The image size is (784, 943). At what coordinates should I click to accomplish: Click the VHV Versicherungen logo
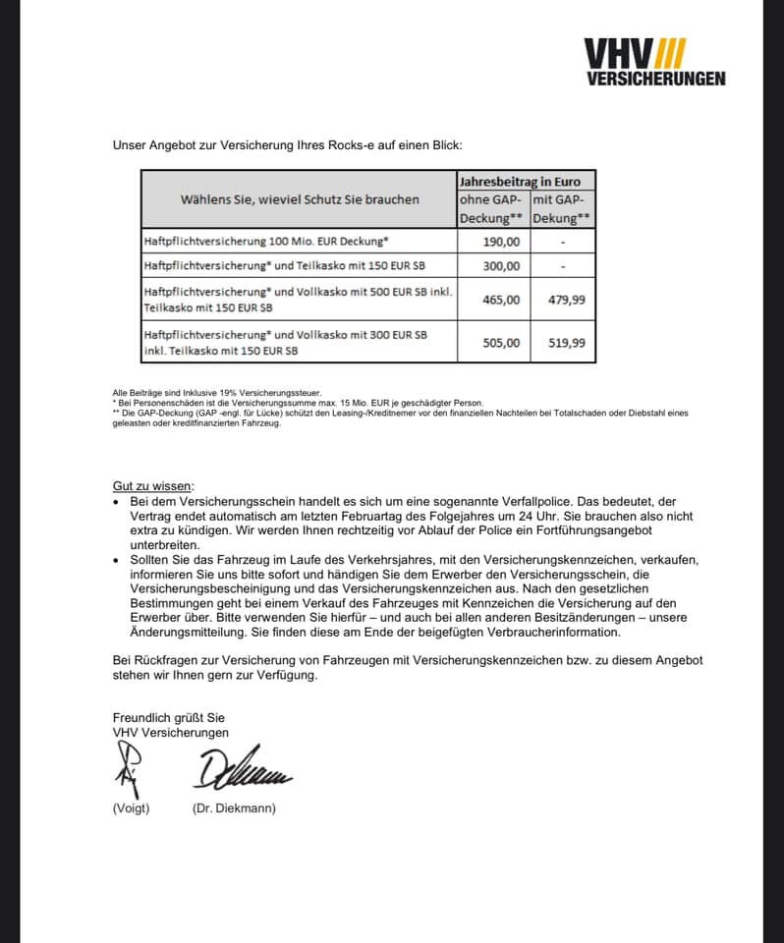tap(654, 62)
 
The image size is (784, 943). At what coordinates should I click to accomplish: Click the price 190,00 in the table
tap(501, 242)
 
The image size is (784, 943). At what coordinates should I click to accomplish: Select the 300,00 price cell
tap(501, 265)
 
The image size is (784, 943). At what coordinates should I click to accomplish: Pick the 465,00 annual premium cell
tap(501, 300)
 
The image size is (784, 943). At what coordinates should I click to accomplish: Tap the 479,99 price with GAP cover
tap(566, 300)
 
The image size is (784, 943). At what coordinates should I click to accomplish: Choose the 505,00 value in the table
tap(501, 343)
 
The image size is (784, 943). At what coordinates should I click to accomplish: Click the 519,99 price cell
tap(566, 343)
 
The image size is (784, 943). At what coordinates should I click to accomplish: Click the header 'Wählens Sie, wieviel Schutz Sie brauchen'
tap(300, 199)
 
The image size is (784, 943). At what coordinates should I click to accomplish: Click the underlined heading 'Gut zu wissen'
tap(153, 485)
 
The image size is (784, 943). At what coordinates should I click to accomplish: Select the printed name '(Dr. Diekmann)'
tap(234, 808)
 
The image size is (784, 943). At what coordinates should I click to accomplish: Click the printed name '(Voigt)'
tap(131, 808)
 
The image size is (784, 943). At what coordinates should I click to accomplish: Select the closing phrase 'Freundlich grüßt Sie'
tap(168, 718)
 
